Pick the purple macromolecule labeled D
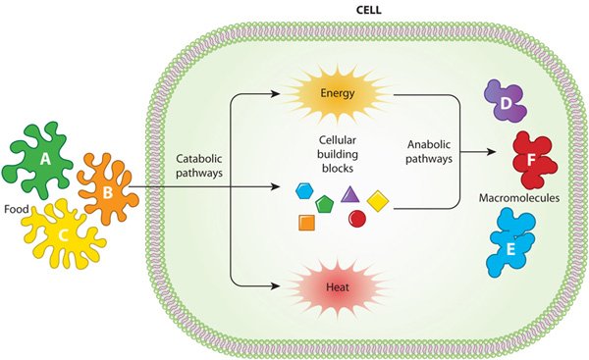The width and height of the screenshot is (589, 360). (505, 104)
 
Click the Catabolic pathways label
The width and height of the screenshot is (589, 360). (200, 164)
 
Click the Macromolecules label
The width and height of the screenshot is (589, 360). (517, 198)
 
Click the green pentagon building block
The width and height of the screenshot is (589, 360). (326, 203)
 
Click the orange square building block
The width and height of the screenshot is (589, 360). (306, 223)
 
